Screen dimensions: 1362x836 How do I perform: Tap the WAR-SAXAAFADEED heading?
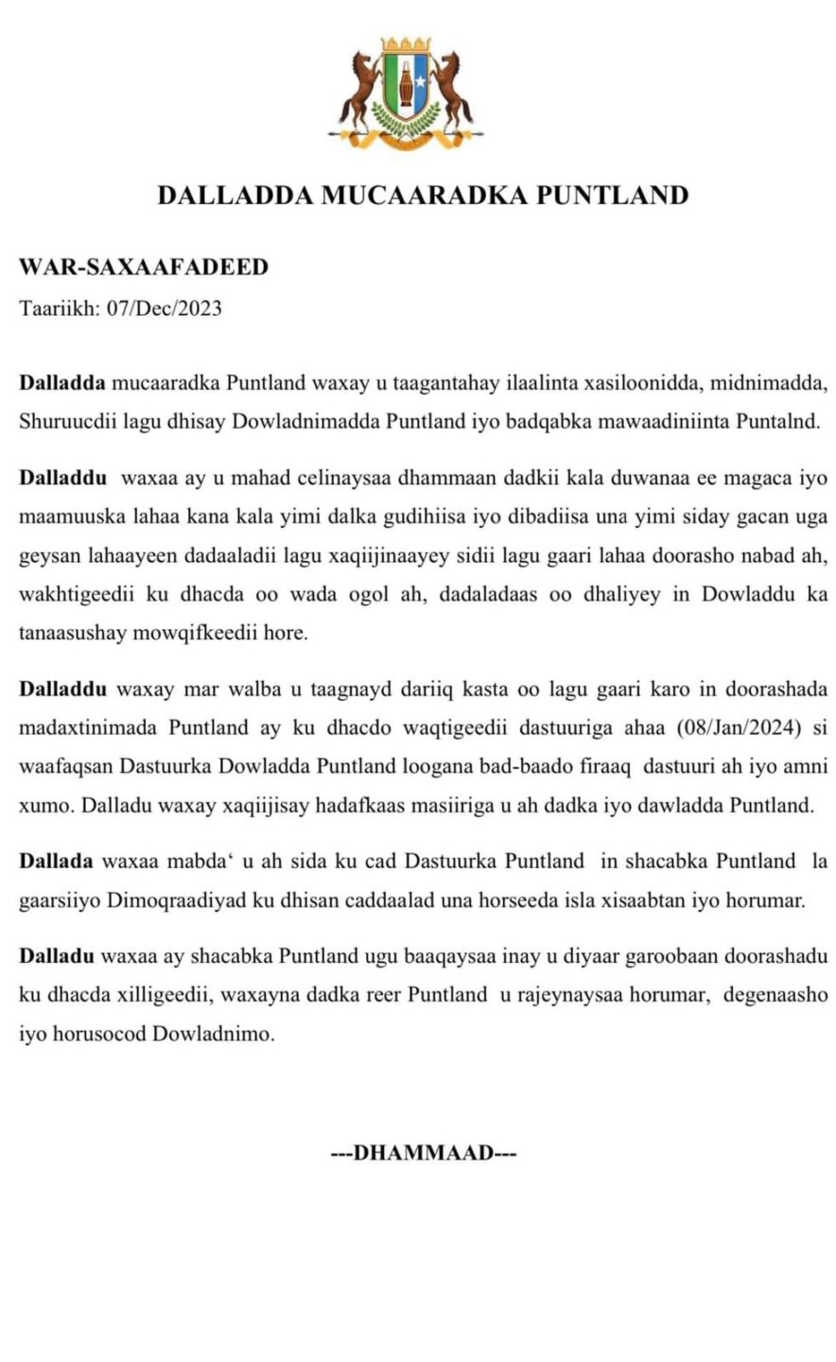144,268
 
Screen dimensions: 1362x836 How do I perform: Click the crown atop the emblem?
409,45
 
